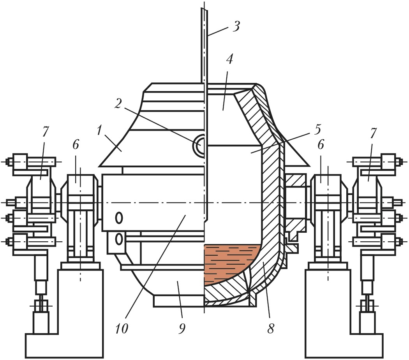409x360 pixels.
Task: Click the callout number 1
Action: (x=99, y=131)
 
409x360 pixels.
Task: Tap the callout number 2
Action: (x=118, y=104)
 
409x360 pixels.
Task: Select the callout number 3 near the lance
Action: (x=236, y=26)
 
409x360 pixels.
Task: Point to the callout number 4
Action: (x=229, y=59)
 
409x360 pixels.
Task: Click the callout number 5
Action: (x=317, y=130)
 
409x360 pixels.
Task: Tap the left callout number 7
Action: (x=45, y=132)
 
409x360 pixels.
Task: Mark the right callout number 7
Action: (x=373, y=133)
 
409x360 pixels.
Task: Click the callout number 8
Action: (x=271, y=328)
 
